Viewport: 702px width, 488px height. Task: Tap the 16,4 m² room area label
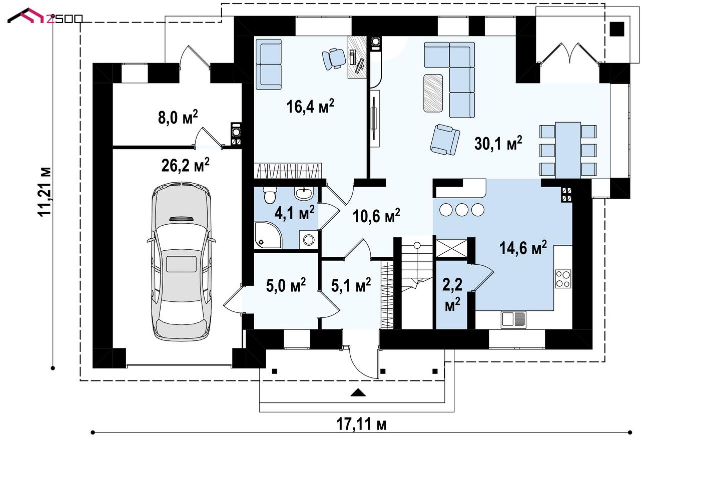click(x=310, y=106)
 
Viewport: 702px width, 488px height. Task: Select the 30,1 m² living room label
click(x=498, y=144)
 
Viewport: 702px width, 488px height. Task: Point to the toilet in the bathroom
click(x=270, y=195)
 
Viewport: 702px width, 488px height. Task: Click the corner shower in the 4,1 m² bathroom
click(x=268, y=235)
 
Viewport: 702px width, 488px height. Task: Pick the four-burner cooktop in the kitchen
click(x=563, y=279)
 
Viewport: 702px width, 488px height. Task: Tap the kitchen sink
click(x=513, y=319)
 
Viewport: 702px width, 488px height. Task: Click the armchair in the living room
click(x=445, y=140)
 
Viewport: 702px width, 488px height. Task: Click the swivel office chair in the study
click(x=334, y=58)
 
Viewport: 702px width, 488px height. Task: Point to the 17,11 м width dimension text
click(x=361, y=424)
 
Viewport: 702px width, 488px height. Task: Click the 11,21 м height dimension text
click(x=45, y=192)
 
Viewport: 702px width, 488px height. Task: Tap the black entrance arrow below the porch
click(x=358, y=393)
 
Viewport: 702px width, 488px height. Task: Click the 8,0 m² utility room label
click(x=178, y=117)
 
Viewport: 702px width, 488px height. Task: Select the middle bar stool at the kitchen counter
click(x=462, y=210)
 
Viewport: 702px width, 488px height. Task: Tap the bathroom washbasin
click(x=304, y=193)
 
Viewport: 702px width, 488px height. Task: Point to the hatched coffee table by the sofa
click(x=433, y=93)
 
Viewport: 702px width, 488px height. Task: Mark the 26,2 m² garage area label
click(x=185, y=165)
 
